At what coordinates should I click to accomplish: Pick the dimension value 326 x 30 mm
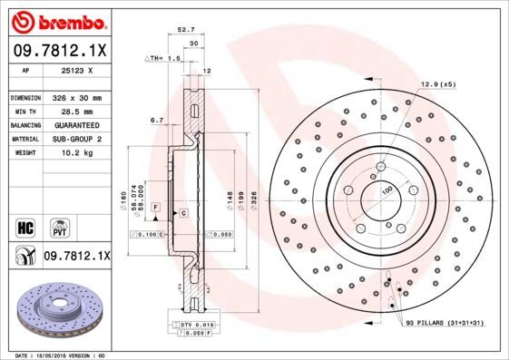point(76,97)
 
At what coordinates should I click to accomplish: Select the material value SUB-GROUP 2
point(76,140)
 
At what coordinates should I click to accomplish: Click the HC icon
point(24,226)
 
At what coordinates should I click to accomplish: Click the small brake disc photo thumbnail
point(56,309)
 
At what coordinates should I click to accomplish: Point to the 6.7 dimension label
point(156,120)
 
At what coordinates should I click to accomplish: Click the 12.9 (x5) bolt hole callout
point(436,84)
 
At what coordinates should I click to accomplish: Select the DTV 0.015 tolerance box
point(196,323)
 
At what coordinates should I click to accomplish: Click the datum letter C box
point(183,212)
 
